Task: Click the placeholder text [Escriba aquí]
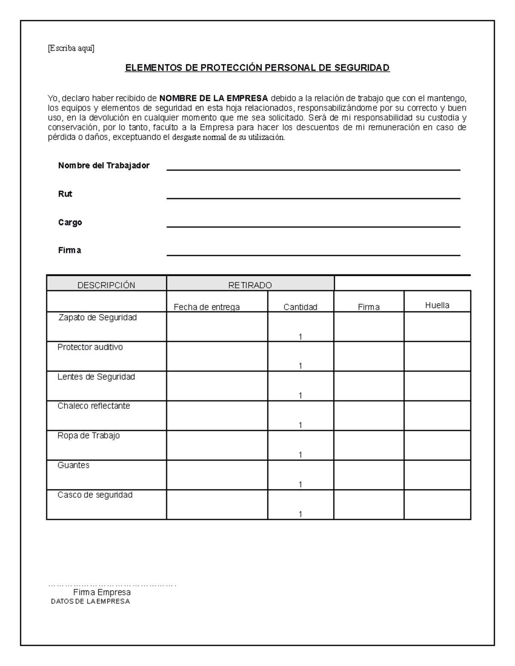[x=71, y=48]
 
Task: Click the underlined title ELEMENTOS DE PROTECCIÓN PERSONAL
[x=257, y=68]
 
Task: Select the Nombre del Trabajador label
[x=104, y=166]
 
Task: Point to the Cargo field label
[x=70, y=222]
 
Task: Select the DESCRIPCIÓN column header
[x=106, y=285]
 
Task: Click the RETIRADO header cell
[x=250, y=285]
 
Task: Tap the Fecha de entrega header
[x=206, y=307]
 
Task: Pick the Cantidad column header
[x=300, y=307]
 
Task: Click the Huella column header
[x=437, y=305]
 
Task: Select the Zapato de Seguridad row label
[x=97, y=318]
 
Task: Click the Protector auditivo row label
[x=90, y=347]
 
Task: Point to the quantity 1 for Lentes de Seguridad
[x=300, y=395]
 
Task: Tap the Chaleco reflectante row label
[x=94, y=406]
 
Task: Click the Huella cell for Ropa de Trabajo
[x=437, y=445]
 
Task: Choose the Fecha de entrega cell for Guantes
[x=217, y=475]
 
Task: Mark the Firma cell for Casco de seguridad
[x=369, y=504]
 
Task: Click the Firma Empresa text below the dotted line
[x=102, y=592]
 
